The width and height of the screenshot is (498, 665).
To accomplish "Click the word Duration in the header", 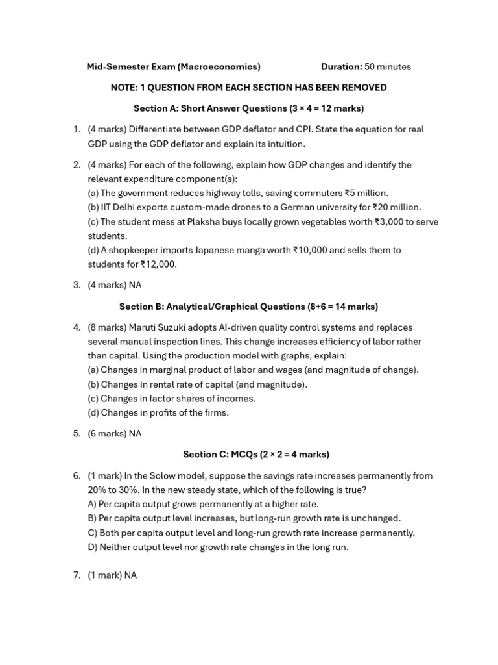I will click(x=341, y=67).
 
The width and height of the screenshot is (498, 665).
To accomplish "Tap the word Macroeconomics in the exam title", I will click(x=219, y=67).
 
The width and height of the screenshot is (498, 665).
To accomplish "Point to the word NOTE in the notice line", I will click(x=124, y=88).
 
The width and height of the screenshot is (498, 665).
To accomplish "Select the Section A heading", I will click(x=248, y=108).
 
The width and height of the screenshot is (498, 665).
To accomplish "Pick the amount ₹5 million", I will click(x=366, y=193).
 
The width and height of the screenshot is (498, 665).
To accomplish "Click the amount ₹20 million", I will click(x=396, y=207).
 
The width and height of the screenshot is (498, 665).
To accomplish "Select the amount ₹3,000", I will click(x=388, y=221).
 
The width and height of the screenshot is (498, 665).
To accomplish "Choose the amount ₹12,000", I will click(x=158, y=264).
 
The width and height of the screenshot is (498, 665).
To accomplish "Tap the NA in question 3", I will click(x=135, y=285).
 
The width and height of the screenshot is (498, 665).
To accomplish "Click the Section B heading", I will click(x=248, y=307).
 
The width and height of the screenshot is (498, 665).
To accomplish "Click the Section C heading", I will click(x=255, y=455).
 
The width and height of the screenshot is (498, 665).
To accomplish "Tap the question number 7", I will click(x=77, y=575).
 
